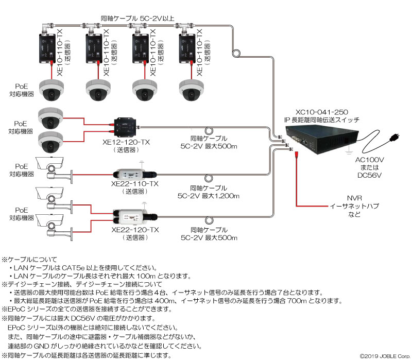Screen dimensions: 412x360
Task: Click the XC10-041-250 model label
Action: click(321, 112)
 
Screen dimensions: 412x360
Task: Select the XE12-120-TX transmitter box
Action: click(125, 127)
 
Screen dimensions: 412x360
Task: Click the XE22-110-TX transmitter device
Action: click(135, 174)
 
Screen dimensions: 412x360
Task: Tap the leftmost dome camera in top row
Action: click(51, 90)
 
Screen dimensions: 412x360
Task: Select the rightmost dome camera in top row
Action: click(191, 90)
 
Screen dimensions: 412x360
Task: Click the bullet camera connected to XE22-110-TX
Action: click(54, 170)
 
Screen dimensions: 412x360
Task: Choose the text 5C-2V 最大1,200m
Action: click(209, 196)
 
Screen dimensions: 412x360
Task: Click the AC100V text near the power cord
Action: click(369, 160)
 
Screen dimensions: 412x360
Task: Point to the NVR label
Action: click(354, 198)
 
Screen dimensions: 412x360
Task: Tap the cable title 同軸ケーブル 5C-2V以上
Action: click(138, 19)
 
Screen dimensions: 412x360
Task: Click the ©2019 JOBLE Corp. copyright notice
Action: click(385, 356)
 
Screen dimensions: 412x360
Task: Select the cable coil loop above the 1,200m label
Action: click(209, 178)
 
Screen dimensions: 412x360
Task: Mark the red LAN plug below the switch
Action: click(297, 155)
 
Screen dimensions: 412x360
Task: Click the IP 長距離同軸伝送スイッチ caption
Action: click(321, 120)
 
